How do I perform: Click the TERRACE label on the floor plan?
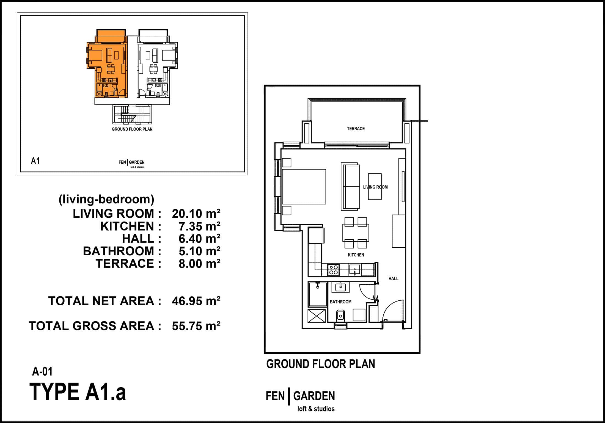356,129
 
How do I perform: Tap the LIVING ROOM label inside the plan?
375,187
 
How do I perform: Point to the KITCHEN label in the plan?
356,255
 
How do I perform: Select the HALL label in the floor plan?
393,279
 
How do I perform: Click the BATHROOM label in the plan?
340,302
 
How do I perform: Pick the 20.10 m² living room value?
196,214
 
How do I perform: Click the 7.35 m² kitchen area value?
199,226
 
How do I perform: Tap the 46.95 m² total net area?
196,301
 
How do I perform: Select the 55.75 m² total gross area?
196,326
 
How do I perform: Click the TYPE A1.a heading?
78,392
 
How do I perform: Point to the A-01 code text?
42,372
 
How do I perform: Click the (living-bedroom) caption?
106,200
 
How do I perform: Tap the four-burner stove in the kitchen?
334,270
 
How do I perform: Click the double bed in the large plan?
304,186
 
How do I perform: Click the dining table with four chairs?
356,233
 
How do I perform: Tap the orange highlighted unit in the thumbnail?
107,63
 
